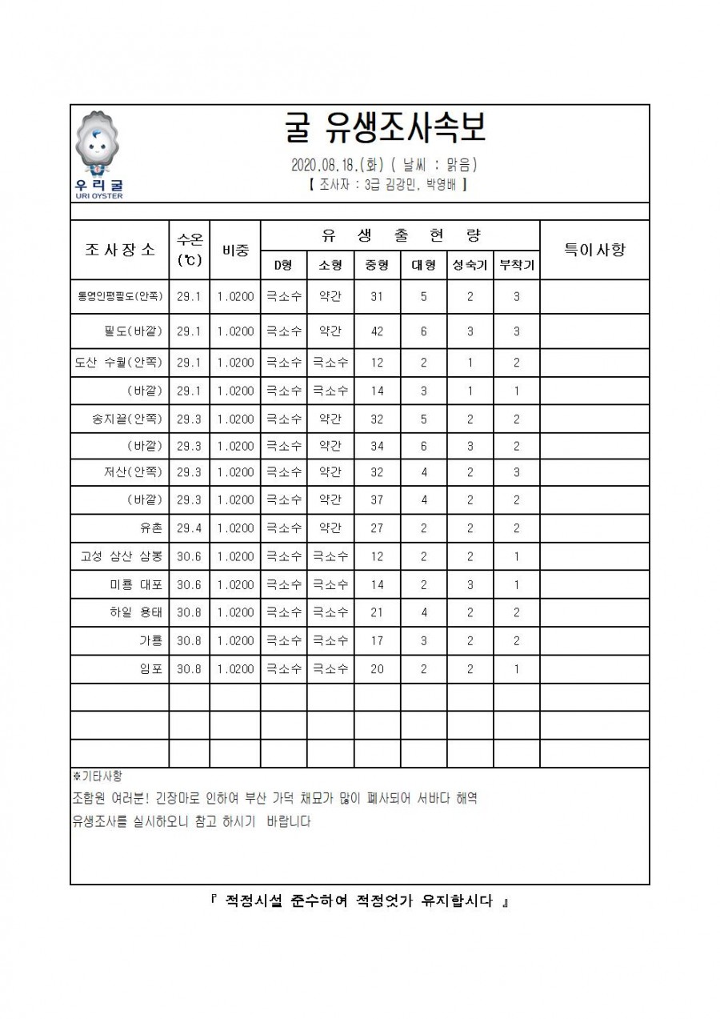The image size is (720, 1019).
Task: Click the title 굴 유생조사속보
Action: pos(384,128)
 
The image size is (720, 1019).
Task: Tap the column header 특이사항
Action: pos(594,249)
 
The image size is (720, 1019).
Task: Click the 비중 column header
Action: pos(235,249)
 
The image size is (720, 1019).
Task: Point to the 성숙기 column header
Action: pos(470,265)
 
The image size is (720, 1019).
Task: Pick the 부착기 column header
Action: pos(516,265)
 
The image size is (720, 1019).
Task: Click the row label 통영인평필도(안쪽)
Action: pos(120,296)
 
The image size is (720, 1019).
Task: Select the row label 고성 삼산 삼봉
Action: pos(120,556)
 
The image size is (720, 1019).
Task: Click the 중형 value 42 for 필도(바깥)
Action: pos(377,331)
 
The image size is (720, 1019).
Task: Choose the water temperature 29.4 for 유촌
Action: pos(189,528)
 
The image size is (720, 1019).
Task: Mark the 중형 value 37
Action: pos(377,500)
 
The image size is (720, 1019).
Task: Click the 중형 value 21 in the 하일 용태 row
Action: pos(377,613)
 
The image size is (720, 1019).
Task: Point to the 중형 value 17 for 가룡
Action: pos(377,641)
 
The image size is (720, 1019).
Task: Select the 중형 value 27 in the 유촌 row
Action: pos(377,528)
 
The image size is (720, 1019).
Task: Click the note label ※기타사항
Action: pos(97,776)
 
